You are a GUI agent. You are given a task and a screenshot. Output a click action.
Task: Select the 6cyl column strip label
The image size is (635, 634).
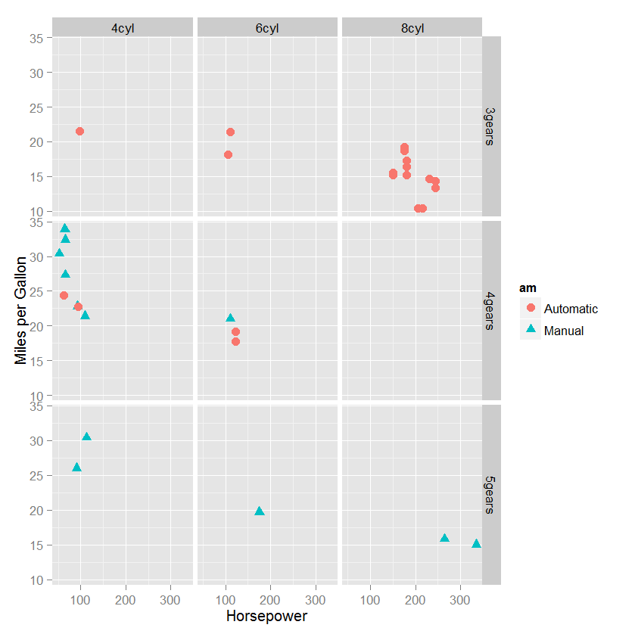pos(267,28)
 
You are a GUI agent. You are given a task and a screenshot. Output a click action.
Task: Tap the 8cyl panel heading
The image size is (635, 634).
pos(412,28)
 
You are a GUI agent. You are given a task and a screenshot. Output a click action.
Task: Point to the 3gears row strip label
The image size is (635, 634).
pos(490,126)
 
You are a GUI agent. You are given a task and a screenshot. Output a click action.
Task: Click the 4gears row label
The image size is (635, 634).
pos(490,310)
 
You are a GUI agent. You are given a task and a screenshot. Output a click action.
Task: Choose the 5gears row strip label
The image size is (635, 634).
pos(490,495)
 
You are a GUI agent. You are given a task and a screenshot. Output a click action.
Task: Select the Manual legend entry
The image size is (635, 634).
pos(563,331)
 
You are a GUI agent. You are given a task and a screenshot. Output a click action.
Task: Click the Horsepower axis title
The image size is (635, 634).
pos(266,617)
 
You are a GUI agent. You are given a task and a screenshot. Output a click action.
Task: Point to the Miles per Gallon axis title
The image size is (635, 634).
pos(20,310)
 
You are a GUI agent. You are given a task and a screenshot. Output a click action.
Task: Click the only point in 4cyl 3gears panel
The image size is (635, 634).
pos(79,132)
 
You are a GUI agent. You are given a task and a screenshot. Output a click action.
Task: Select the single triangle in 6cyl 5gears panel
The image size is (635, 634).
pos(260,511)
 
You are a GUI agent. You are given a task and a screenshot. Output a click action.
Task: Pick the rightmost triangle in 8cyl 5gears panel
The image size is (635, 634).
pos(476,543)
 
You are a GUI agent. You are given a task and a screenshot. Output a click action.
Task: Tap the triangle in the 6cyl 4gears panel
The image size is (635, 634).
pos(230,318)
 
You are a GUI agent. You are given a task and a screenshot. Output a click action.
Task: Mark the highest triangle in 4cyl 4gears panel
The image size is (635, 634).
pos(65,228)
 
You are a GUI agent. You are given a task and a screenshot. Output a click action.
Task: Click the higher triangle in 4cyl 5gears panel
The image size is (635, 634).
pos(86,437)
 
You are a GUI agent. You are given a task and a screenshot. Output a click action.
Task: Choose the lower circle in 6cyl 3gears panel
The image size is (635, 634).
pos(228,154)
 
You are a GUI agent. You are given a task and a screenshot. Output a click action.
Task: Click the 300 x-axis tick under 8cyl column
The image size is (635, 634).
pos(459,600)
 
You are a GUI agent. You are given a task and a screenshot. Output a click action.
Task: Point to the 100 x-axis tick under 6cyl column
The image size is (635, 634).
pos(226,600)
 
